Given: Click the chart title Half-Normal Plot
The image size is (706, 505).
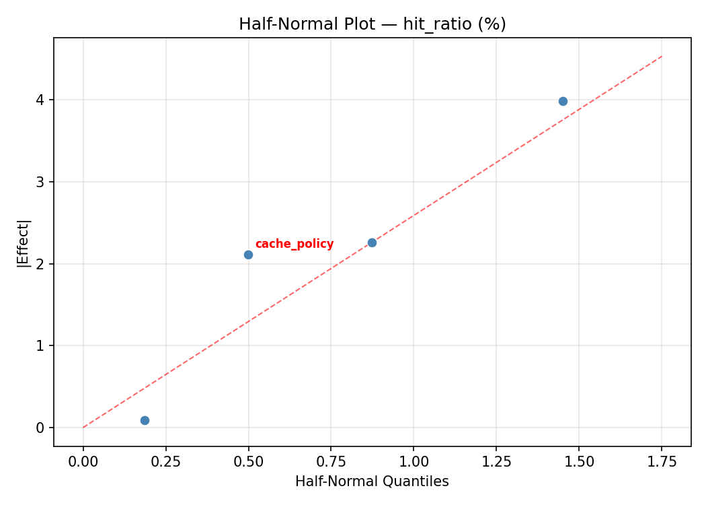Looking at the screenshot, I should pyautogui.click(x=372, y=24).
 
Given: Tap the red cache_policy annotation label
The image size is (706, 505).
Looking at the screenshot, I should pyautogui.click(x=295, y=244).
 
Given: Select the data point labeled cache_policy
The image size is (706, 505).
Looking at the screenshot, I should pyautogui.click(x=248, y=255).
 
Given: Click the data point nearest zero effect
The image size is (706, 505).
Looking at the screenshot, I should pyautogui.click(x=145, y=420).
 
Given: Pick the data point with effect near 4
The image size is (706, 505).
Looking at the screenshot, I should pyautogui.click(x=563, y=101).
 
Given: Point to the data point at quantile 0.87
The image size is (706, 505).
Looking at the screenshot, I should pyautogui.click(x=372, y=242).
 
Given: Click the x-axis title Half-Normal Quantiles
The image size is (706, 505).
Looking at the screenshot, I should pyautogui.click(x=372, y=481).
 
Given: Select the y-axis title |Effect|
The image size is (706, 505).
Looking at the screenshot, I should pyautogui.click(x=24, y=243).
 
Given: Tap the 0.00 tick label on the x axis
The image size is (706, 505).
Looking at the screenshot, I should pyautogui.click(x=83, y=463).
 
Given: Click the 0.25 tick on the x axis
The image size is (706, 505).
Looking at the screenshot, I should pyautogui.click(x=166, y=463).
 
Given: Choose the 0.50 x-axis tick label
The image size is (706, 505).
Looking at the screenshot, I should pyautogui.click(x=248, y=463).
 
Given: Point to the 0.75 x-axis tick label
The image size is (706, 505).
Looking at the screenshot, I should pyautogui.click(x=331, y=463).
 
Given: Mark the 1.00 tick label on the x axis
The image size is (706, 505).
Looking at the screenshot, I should pyautogui.click(x=414, y=463).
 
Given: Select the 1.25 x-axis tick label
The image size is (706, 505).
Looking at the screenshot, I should pyautogui.click(x=496, y=463).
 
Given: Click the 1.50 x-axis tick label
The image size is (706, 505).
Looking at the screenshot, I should pyautogui.click(x=579, y=463).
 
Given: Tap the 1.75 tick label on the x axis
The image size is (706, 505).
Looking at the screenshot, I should pyautogui.click(x=662, y=463).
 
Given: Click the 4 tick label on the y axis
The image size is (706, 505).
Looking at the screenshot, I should pyautogui.click(x=41, y=100).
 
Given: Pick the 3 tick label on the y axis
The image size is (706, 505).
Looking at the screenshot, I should pyautogui.click(x=41, y=182).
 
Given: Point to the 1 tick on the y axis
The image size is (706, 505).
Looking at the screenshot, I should pyautogui.click(x=41, y=345).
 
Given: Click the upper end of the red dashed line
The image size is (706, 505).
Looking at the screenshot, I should pyautogui.click(x=662, y=56).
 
